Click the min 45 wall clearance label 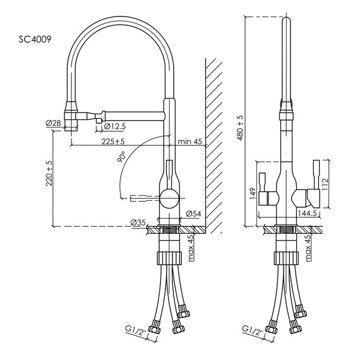tap(189, 141)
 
